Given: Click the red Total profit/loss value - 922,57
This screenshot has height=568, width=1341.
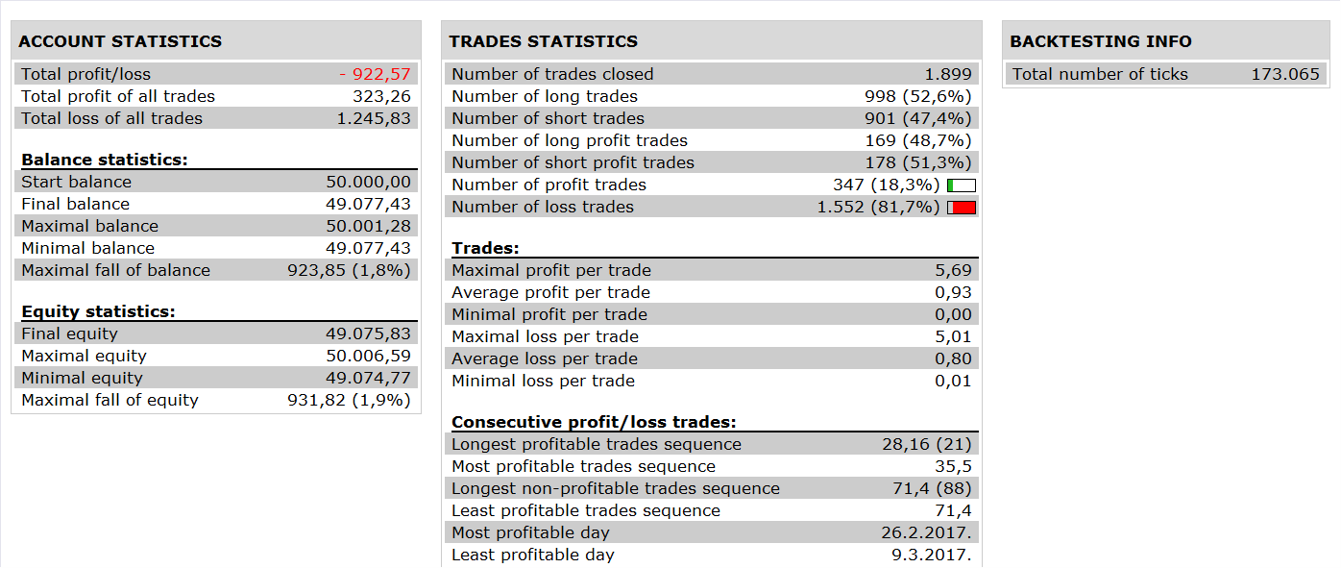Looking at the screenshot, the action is tap(376, 74).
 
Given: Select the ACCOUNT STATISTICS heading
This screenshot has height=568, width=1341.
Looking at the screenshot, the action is tap(120, 41).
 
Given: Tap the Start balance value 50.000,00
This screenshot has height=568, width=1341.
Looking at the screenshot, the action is tap(368, 183).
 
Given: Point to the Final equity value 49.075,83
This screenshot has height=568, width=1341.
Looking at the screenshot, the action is tap(368, 333).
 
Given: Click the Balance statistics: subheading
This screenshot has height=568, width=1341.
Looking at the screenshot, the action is tap(105, 160).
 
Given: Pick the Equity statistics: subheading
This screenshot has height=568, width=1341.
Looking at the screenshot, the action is tap(98, 311).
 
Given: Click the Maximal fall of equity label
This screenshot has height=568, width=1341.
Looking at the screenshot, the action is tap(110, 400).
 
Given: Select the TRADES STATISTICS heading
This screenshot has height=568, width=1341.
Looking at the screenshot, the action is tap(544, 41).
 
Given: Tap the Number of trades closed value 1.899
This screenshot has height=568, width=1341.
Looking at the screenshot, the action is tap(948, 74).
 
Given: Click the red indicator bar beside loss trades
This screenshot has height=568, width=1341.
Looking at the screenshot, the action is tap(962, 208).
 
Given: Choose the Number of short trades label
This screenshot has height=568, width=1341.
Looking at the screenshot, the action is tap(549, 118).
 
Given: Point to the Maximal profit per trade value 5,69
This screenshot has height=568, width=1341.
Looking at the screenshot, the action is tap(954, 270).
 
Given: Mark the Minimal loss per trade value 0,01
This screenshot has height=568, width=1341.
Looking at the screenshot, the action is tap(953, 381).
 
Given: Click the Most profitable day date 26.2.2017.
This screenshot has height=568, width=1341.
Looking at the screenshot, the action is tap(926, 532).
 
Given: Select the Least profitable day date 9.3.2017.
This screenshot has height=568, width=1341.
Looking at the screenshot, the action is tap(932, 555).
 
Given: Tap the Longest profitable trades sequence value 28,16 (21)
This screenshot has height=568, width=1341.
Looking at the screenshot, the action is tap(927, 445).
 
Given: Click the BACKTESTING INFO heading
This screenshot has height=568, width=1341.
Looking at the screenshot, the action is tap(1101, 41).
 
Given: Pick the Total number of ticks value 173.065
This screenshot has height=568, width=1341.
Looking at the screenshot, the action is tap(1285, 74).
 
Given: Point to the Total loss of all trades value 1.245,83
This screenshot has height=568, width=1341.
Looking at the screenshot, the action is tap(375, 118).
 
